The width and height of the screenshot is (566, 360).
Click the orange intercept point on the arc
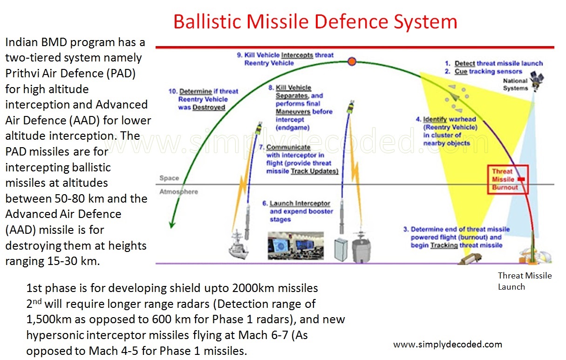tap(352, 61)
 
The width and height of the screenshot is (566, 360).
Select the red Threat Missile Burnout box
tap(508, 179)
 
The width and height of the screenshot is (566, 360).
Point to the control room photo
tap(296, 245)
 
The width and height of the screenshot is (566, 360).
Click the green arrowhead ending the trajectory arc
tap(172, 224)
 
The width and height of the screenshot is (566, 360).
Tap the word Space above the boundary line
tap(169, 178)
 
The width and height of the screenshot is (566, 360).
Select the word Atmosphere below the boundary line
tap(178, 192)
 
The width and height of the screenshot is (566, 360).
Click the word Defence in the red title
tap(351, 21)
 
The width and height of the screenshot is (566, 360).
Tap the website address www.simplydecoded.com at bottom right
tap(448, 344)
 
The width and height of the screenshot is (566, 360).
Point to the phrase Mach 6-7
tap(263, 335)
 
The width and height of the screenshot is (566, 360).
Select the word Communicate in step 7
tap(288, 147)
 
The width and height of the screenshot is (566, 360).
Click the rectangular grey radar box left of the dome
tap(341, 249)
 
